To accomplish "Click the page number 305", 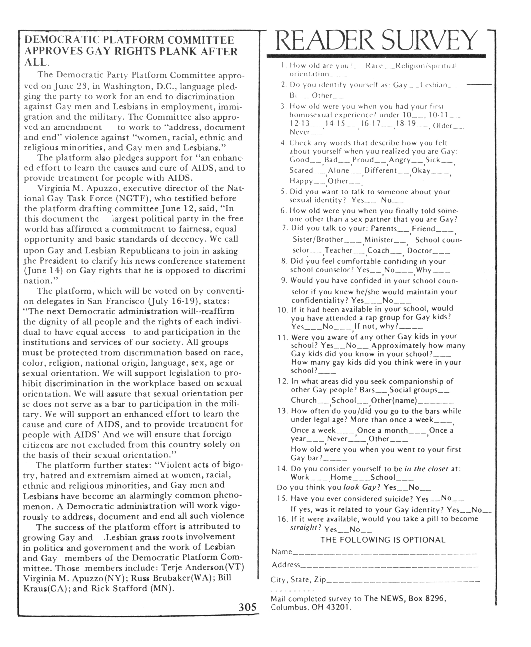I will point(247,606).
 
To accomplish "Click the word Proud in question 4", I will point(363,160).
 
